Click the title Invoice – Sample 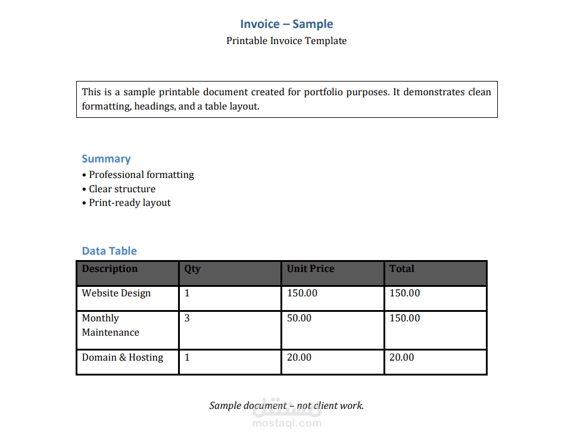tap(286, 24)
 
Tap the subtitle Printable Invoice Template tap(286, 41)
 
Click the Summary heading tap(106, 159)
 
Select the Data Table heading tap(110, 251)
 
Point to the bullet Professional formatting tap(141, 175)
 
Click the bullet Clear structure tap(122, 189)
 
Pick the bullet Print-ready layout tap(130, 203)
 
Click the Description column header tap(110, 269)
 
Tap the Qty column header tap(192, 269)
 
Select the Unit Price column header tap(311, 269)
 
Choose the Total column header tap(402, 269)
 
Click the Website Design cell tap(117, 293)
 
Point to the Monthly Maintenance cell tap(111, 326)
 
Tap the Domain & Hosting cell tap(123, 358)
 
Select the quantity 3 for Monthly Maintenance tap(187, 318)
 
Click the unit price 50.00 tap(300, 318)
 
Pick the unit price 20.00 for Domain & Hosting tap(300, 358)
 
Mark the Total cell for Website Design tap(405, 293)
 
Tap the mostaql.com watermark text tap(287, 424)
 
